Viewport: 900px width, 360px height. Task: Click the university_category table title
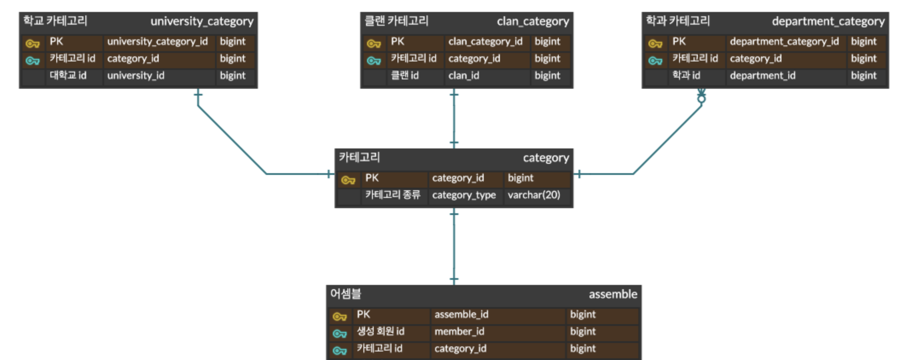[202, 21]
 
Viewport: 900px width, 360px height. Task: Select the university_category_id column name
[157, 41]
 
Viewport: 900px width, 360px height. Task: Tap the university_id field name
[136, 75]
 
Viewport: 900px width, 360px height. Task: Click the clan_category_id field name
[485, 41]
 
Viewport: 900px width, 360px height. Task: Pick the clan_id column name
[464, 75]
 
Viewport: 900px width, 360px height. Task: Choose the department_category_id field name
[784, 41]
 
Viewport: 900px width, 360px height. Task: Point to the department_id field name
[762, 75]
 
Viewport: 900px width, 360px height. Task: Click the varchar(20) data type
[534, 195]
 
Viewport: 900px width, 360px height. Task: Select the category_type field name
[464, 195]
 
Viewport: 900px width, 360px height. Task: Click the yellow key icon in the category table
[348, 180]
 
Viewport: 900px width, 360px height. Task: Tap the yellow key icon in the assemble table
[340, 316]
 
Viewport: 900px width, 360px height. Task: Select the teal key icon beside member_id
[340, 334]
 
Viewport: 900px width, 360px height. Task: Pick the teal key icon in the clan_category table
[374, 61]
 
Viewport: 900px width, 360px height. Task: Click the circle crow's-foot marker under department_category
[701, 99]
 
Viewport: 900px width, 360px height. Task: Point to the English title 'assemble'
[613, 294]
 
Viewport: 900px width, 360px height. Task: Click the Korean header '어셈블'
[345, 294]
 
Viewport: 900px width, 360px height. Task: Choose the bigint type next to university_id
[232, 75]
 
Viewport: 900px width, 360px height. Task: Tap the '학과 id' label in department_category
[686, 75]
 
